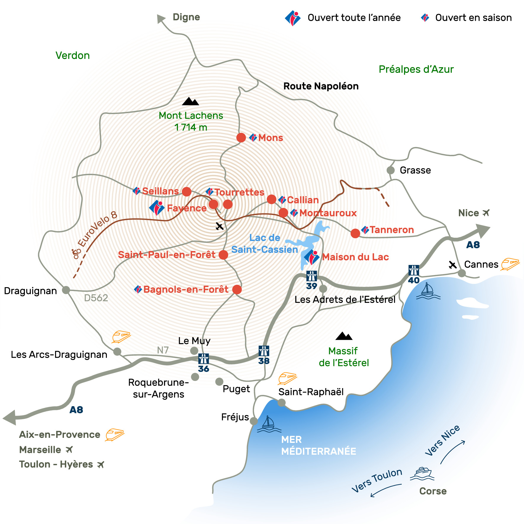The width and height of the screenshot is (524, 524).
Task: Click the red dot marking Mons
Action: coord(241,138)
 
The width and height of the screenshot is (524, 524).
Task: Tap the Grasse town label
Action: coord(415,170)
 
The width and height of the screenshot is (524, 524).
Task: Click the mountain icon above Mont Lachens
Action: coord(190,101)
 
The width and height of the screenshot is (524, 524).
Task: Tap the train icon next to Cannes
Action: coord(510,264)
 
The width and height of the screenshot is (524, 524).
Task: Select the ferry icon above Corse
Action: coord(422,473)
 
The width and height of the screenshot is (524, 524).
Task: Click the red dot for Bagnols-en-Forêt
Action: coord(237,290)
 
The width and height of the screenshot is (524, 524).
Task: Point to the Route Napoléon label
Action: coord(321,86)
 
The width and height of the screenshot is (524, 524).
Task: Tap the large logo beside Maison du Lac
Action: coord(311,257)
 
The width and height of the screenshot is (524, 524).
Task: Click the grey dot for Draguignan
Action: coord(66,290)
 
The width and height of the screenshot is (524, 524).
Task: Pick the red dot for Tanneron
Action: coord(355,233)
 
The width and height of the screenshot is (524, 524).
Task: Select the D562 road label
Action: coord(96,298)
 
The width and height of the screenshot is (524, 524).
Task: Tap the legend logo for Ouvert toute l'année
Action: coord(292,18)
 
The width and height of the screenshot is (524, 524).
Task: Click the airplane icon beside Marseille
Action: coord(69,450)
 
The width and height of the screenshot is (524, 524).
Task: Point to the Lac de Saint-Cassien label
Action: coord(264,244)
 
